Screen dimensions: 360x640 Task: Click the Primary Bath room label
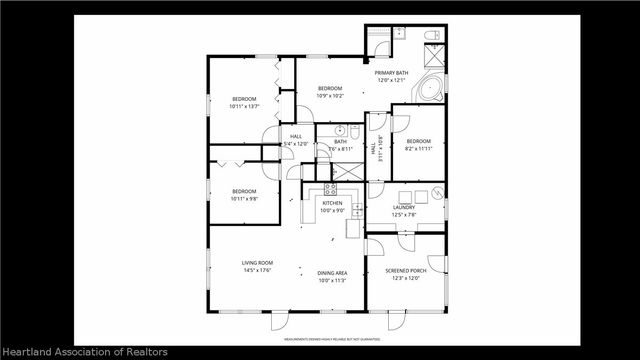click(x=391, y=73)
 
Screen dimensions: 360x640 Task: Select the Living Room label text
click(x=257, y=263)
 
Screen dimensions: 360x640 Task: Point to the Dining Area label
click(x=332, y=273)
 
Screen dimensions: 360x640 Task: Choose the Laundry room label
click(x=403, y=207)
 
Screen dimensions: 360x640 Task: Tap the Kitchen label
click(x=332, y=203)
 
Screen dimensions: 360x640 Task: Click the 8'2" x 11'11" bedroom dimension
click(x=418, y=148)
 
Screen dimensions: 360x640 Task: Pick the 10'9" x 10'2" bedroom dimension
click(x=330, y=96)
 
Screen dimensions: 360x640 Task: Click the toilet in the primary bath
click(x=431, y=37)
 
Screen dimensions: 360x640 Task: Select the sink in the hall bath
click(x=341, y=130)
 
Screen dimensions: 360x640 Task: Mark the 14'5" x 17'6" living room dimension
click(x=257, y=270)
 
